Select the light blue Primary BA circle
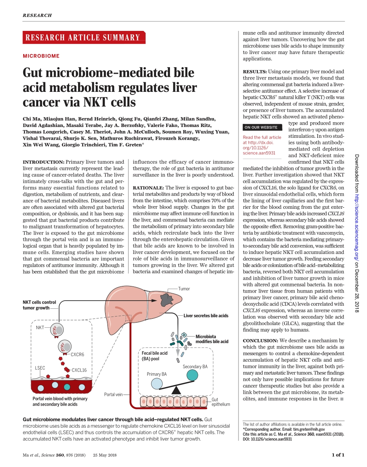tap(157, 383)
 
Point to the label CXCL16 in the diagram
tap(79, 370)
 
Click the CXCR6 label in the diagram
tap(77, 354)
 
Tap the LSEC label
tap(40, 368)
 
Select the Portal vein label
tap(114, 394)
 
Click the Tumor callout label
tap(184, 289)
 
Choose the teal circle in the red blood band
tap(67, 386)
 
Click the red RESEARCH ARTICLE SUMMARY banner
tap(84, 37)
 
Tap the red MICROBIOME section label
tap(41, 56)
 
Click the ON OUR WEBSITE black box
tap(261, 127)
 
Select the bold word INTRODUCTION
tap(43, 162)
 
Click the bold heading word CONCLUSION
tap(260, 341)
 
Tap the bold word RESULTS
tap(255, 72)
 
